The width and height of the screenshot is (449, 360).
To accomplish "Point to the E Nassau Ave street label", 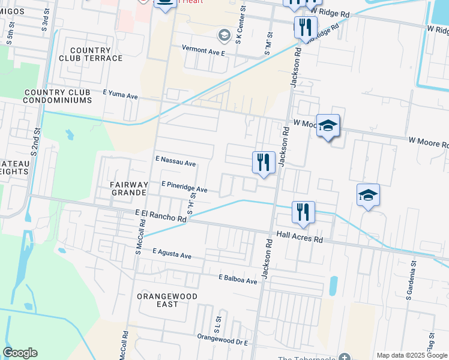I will [x=176, y=162].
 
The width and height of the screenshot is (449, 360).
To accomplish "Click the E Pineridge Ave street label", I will [x=184, y=187].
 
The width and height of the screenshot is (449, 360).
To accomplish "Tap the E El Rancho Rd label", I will [x=161, y=216].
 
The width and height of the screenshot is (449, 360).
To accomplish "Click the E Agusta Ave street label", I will [x=172, y=254].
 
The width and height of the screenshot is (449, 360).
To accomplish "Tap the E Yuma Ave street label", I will [x=121, y=95].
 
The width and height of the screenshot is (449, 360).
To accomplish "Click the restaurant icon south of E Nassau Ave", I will [x=264, y=162].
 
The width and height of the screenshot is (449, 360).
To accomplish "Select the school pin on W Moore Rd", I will [x=328, y=125].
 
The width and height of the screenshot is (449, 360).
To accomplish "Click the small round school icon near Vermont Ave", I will [x=224, y=35].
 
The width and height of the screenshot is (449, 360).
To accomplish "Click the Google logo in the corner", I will [x=20, y=353].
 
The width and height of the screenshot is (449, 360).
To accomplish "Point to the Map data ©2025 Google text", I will [x=412, y=355].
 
